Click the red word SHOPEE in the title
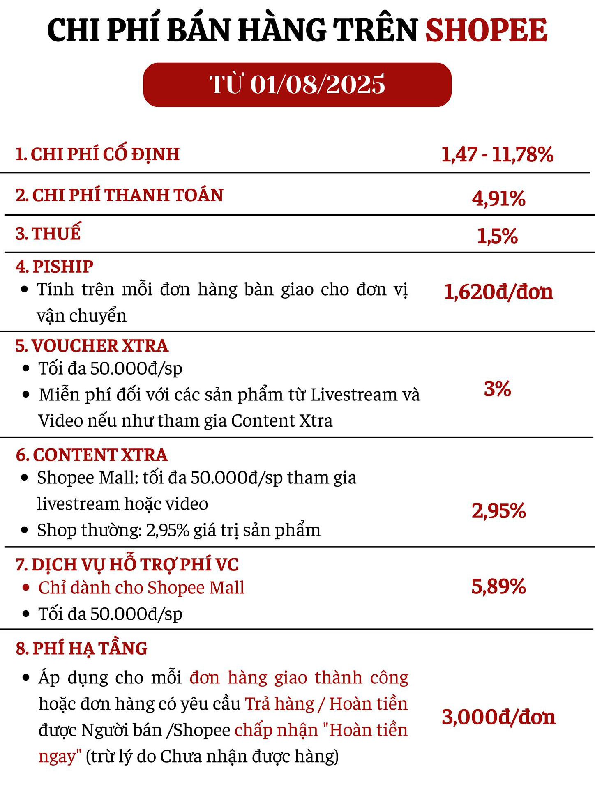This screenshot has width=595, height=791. click(x=486, y=30)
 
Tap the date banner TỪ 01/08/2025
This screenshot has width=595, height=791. click(x=297, y=85)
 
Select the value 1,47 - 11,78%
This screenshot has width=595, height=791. click(x=497, y=154)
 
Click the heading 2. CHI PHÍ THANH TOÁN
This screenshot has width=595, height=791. click(x=119, y=195)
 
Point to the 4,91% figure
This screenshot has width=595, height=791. click(x=498, y=198)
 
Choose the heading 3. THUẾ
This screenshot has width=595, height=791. click(x=48, y=233)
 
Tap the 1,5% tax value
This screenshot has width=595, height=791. click(x=497, y=236)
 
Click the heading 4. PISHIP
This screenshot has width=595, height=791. click(x=54, y=267)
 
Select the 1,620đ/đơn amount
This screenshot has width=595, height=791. click(x=498, y=292)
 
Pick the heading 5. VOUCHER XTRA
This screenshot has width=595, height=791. click(x=92, y=346)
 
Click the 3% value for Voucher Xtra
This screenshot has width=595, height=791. click(x=497, y=389)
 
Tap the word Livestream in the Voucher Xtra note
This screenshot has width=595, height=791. click(x=353, y=395)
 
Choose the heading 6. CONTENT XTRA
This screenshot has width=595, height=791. click(x=92, y=455)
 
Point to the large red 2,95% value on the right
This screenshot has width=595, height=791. click(x=498, y=511)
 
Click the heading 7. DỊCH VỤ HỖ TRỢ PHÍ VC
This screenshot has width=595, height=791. click(x=127, y=565)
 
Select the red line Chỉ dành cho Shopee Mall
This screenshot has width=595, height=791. click(x=141, y=588)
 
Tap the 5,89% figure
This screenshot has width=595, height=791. click(x=498, y=586)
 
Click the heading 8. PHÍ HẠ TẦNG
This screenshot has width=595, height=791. click(x=81, y=648)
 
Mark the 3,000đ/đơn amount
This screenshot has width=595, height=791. click(x=498, y=717)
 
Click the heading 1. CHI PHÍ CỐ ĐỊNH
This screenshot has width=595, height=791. click(x=97, y=154)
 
